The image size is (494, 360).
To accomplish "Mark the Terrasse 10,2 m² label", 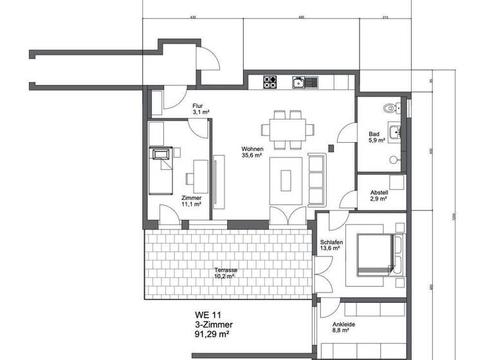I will (x=226, y=274).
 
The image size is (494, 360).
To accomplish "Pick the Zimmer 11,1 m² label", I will (x=192, y=201).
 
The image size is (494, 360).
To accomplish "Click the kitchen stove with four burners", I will (x=270, y=82).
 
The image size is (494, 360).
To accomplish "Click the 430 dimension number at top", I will (x=193, y=18).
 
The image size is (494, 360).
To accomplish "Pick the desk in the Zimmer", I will (x=201, y=174).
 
